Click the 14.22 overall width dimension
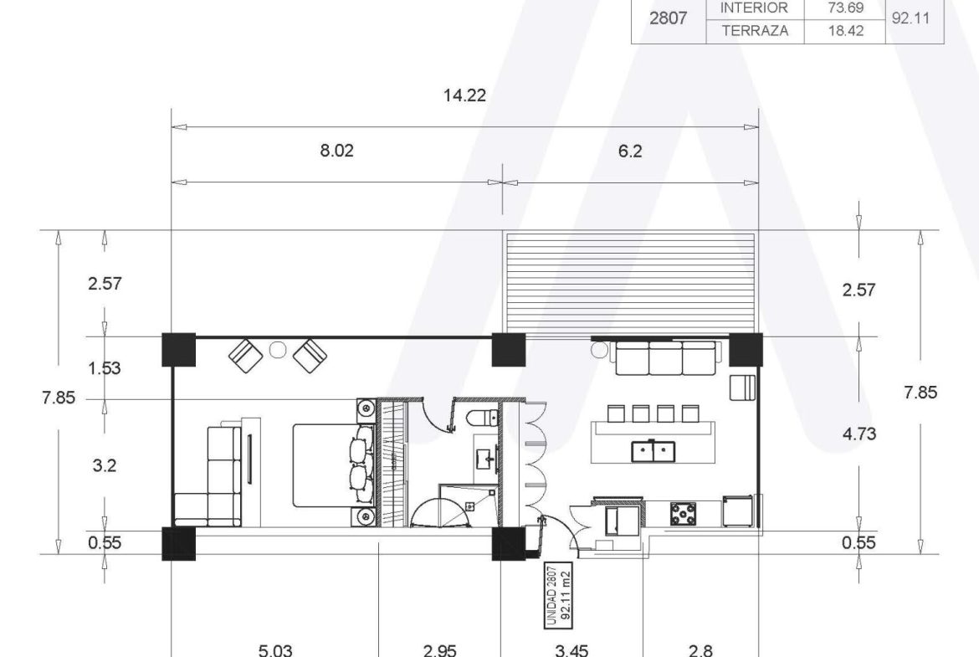point(464,95)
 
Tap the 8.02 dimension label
point(336,151)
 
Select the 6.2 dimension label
point(629,151)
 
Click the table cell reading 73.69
point(845,8)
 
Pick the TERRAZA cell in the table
point(755,31)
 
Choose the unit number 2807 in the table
point(668,18)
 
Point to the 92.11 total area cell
point(910,18)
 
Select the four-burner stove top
point(685,513)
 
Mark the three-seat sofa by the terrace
point(665,358)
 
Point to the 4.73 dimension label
point(859,434)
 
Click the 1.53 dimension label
point(105,368)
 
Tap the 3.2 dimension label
point(105,465)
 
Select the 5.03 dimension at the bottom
point(275,651)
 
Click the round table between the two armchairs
point(278,350)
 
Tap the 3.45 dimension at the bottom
point(572,651)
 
